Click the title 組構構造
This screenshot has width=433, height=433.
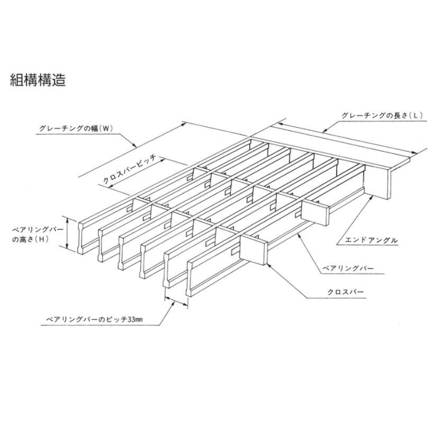(x=38, y=80)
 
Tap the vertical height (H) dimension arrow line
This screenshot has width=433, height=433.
(x=67, y=233)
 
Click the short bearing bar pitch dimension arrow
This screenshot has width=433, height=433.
(x=176, y=301)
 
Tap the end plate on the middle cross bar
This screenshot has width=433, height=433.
(x=319, y=214)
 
